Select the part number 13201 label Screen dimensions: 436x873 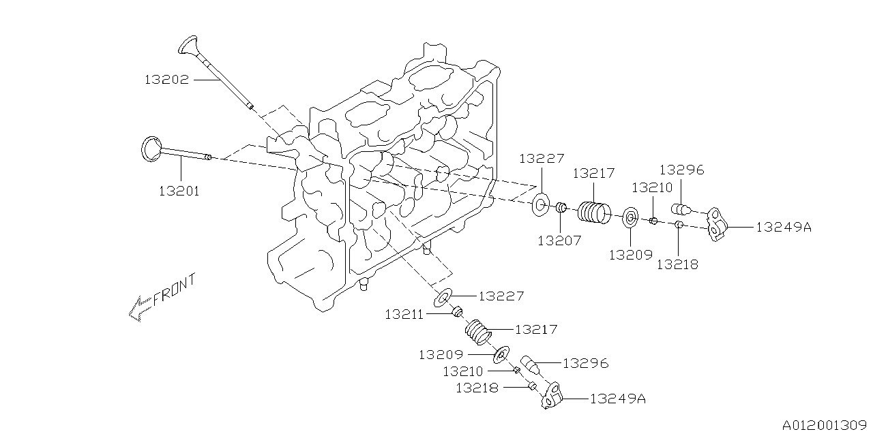[179, 191]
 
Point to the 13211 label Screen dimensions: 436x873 [404, 314]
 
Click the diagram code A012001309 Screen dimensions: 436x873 [825, 424]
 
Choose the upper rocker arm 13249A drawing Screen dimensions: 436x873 [717, 225]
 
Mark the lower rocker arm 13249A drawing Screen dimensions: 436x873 [552, 396]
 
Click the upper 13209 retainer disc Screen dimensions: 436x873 [630, 218]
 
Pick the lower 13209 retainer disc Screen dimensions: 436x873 [501, 354]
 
